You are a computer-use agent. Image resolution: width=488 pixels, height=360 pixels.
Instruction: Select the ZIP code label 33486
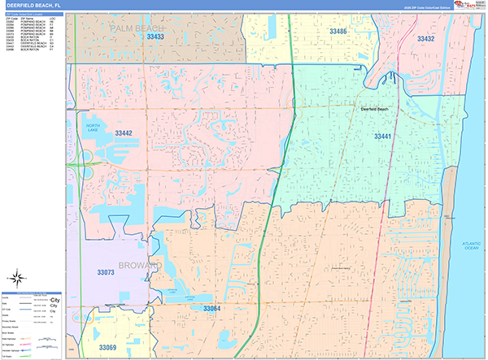[338, 31]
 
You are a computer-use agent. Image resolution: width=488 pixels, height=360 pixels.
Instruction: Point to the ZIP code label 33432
[425, 38]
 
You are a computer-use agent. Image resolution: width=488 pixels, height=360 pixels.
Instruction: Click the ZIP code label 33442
[124, 133]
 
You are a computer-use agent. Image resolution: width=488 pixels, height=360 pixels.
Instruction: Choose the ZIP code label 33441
[383, 136]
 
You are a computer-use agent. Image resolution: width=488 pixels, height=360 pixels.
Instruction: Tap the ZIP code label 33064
[211, 309]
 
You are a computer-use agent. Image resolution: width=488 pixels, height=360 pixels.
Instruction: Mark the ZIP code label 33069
[108, 347]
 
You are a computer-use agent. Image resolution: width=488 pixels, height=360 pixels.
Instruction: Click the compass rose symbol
[17, 277]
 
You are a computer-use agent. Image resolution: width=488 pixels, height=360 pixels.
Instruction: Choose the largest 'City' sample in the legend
[54, 300]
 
